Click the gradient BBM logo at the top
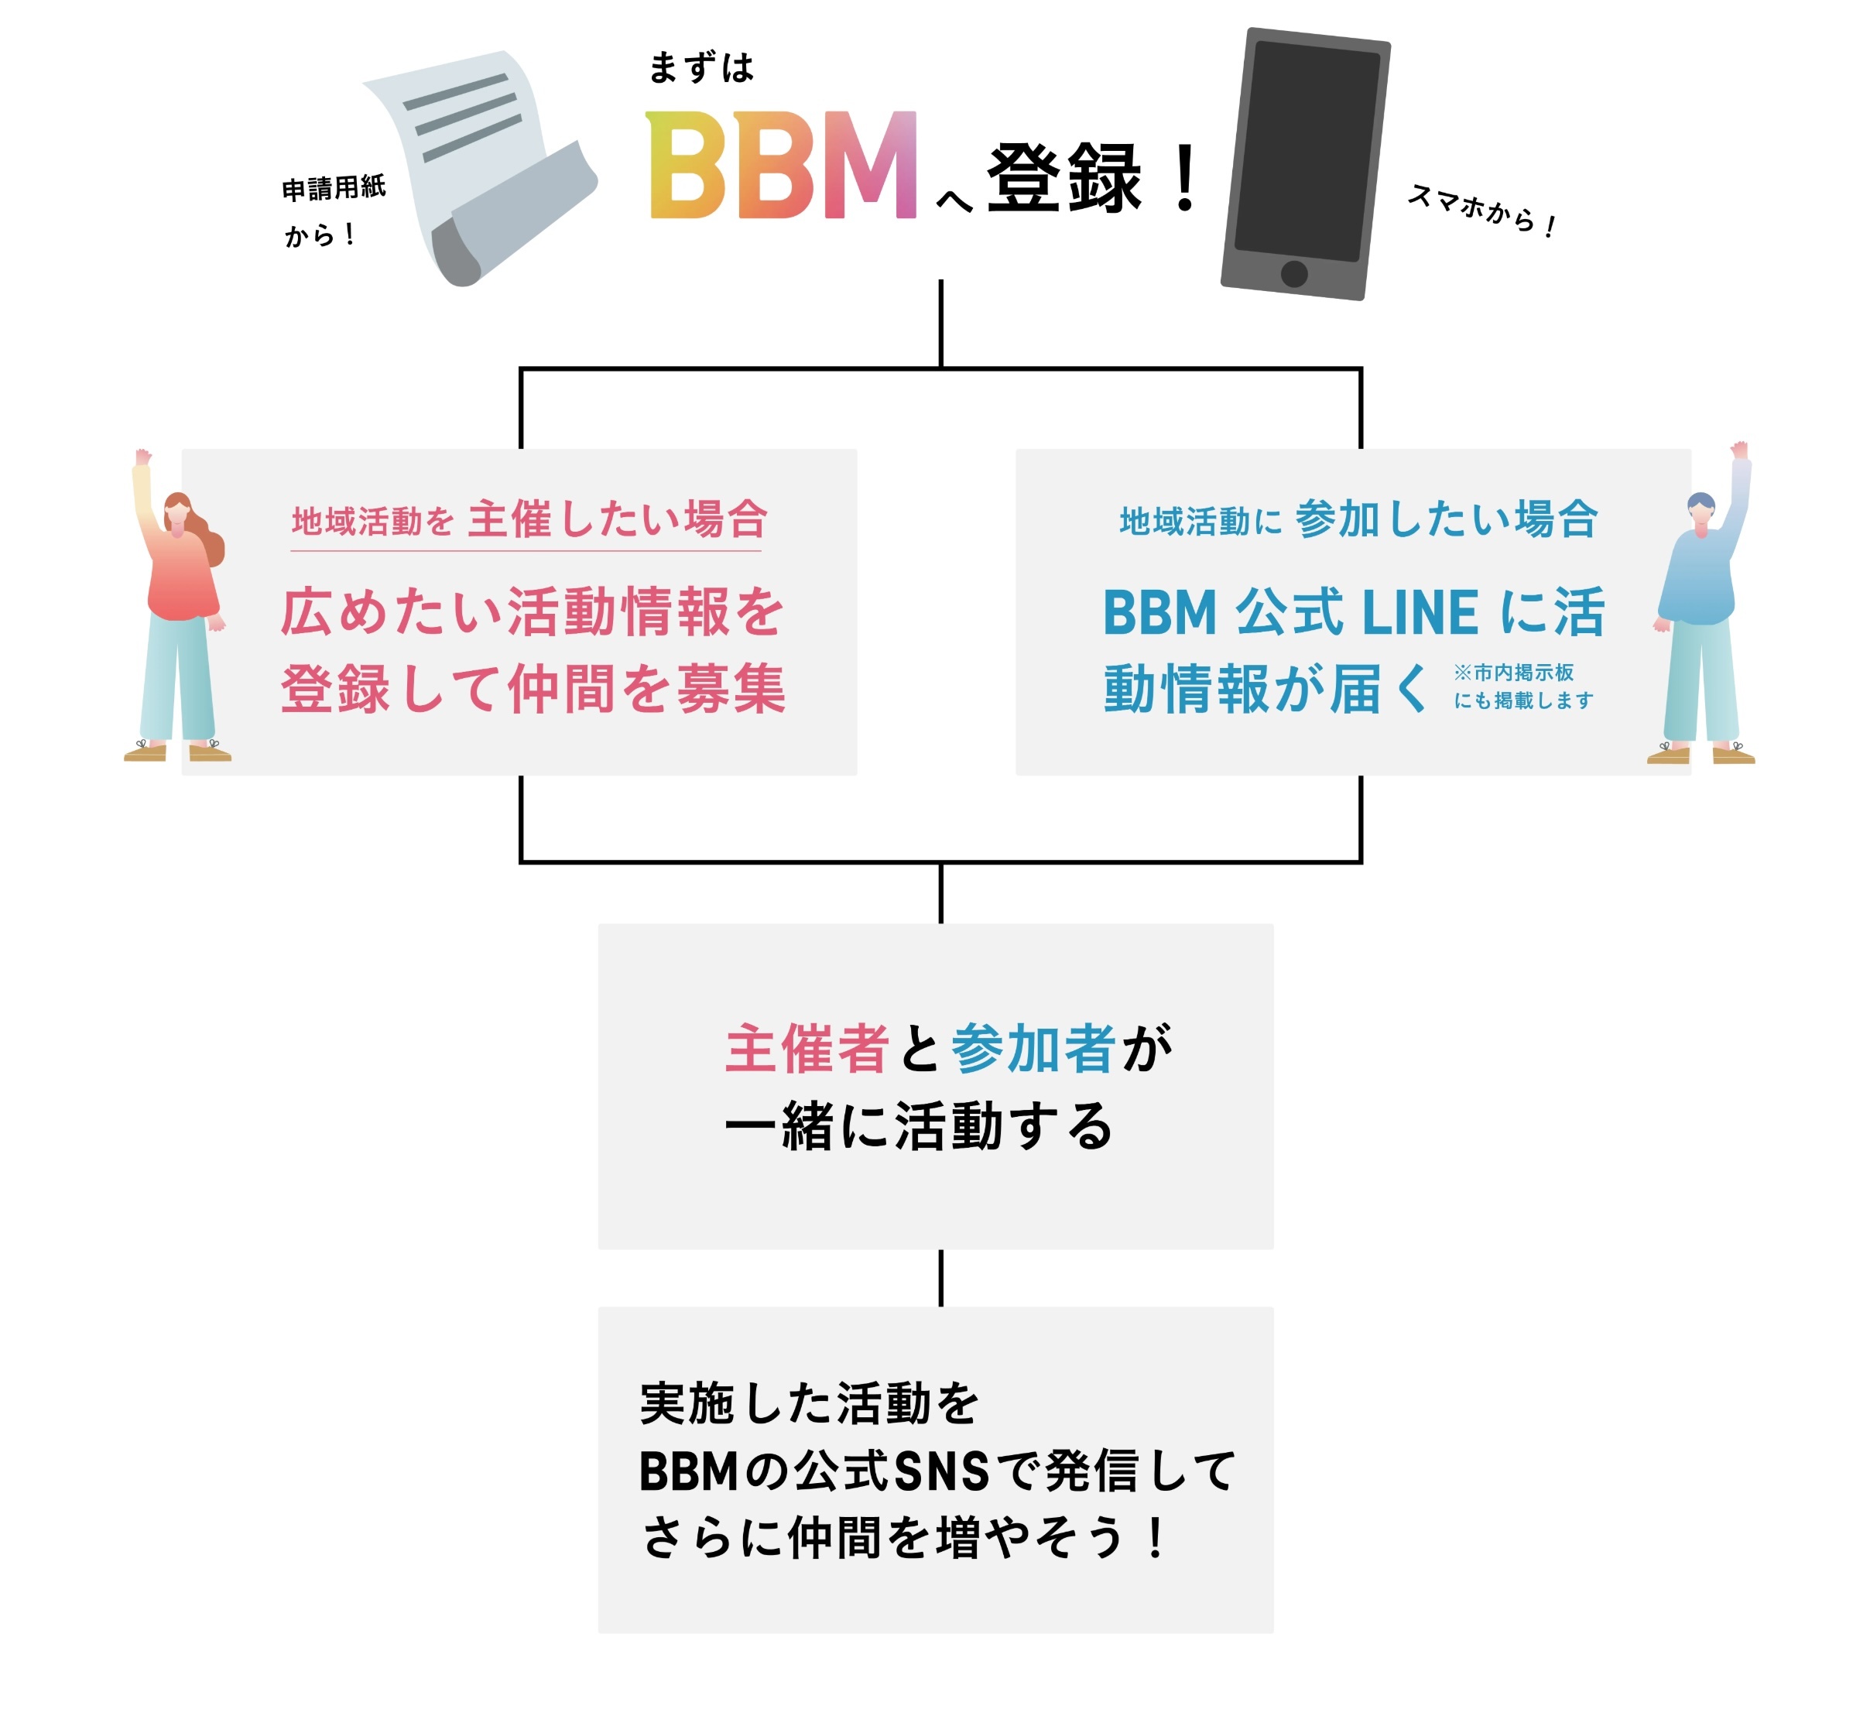coord(781,166)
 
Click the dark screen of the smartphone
coord(1306,150)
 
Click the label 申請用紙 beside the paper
coord(334,188)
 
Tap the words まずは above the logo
coord(701,67)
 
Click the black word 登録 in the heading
coord(1064,179)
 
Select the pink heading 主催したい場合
coord(617,519)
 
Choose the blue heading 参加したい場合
coord(1446,519)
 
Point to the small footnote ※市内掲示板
coord(1512,673)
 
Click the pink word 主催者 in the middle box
coord(807,1049)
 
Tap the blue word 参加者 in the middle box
coord(1033,1049)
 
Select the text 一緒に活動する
coord(918,1126)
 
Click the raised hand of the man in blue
coord(1739,450)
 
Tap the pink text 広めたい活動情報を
coord(532,612)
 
